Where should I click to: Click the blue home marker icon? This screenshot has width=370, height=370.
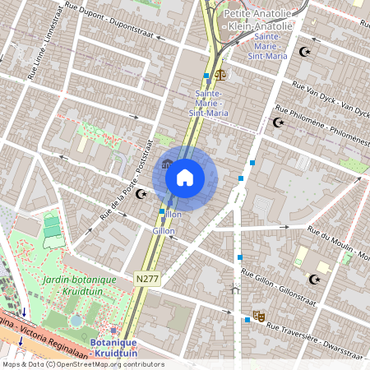(x=184, y=178)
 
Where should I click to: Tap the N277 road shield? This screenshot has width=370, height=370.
(x=147, y=279)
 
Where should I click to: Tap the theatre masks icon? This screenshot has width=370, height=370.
(x=259, y=314)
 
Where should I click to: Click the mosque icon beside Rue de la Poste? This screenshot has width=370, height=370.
(x=141, y=194)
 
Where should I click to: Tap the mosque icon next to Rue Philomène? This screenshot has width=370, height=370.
(x=277, y=123)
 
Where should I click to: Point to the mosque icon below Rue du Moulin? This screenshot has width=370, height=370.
(x=313, y=280)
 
